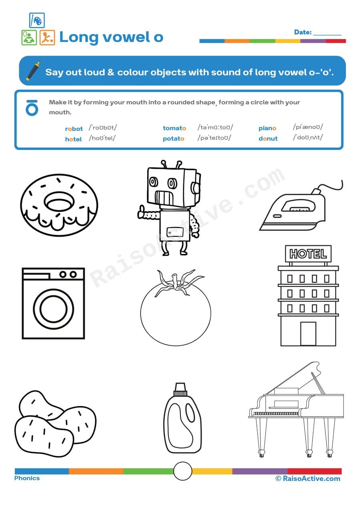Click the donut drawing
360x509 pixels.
(59, 205)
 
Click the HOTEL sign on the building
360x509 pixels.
(308, 254)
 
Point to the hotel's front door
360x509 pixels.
(308, 333)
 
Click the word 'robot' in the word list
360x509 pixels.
(74, 129)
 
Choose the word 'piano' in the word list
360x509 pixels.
(267, 128)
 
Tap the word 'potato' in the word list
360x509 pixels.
(173, 139)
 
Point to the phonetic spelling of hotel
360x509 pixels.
(102, 138)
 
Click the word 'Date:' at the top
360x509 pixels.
(302, 32)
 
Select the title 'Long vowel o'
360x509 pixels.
(111, 37)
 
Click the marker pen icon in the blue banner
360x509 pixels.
(33, 71)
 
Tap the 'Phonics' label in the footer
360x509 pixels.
(27, 478)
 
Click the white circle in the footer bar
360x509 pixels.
(183, 471)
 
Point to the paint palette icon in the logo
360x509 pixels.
(37, 20)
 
